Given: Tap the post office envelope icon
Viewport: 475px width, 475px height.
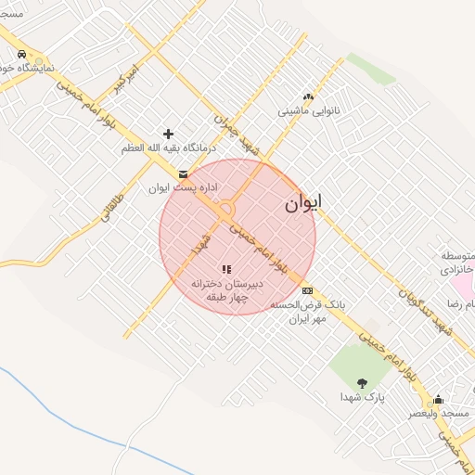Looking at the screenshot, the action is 182,173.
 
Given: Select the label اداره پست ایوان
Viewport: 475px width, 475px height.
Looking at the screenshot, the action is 184,187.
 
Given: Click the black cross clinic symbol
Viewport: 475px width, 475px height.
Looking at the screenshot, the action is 168,134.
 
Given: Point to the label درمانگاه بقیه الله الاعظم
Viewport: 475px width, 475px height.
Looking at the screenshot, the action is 168,148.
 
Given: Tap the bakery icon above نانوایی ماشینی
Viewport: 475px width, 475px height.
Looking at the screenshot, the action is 308,96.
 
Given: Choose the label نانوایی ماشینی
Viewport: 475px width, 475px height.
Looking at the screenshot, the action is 310,110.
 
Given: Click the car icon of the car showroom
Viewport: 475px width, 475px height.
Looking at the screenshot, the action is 21,54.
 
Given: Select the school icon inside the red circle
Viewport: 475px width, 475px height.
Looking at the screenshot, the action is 226,269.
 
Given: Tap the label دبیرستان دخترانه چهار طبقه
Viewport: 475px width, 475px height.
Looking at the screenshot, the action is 227,289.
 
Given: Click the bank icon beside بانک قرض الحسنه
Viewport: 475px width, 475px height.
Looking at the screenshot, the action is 308,290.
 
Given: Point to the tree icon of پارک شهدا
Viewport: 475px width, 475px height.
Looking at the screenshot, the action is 361,382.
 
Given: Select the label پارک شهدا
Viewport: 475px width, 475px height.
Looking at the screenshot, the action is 361,397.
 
